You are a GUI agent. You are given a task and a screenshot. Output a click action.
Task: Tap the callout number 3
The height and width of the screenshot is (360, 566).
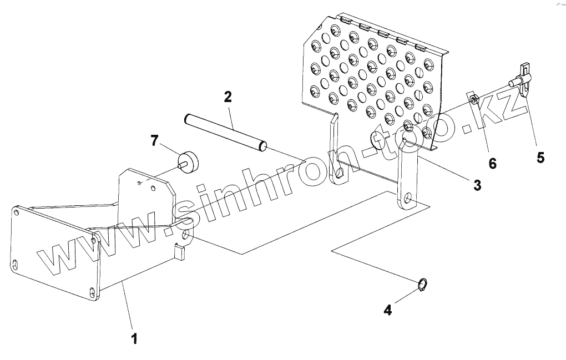(x=477, y=185)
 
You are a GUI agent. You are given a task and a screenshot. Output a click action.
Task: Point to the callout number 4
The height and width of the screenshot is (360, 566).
(x=388, y=311)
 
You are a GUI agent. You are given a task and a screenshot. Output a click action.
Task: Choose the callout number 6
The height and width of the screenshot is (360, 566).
(x=492, y=163)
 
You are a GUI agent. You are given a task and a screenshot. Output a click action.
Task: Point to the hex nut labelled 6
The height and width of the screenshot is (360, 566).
(x=473, y=100)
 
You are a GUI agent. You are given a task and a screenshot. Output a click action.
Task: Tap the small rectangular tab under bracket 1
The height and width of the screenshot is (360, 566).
(x=179, y=252)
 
